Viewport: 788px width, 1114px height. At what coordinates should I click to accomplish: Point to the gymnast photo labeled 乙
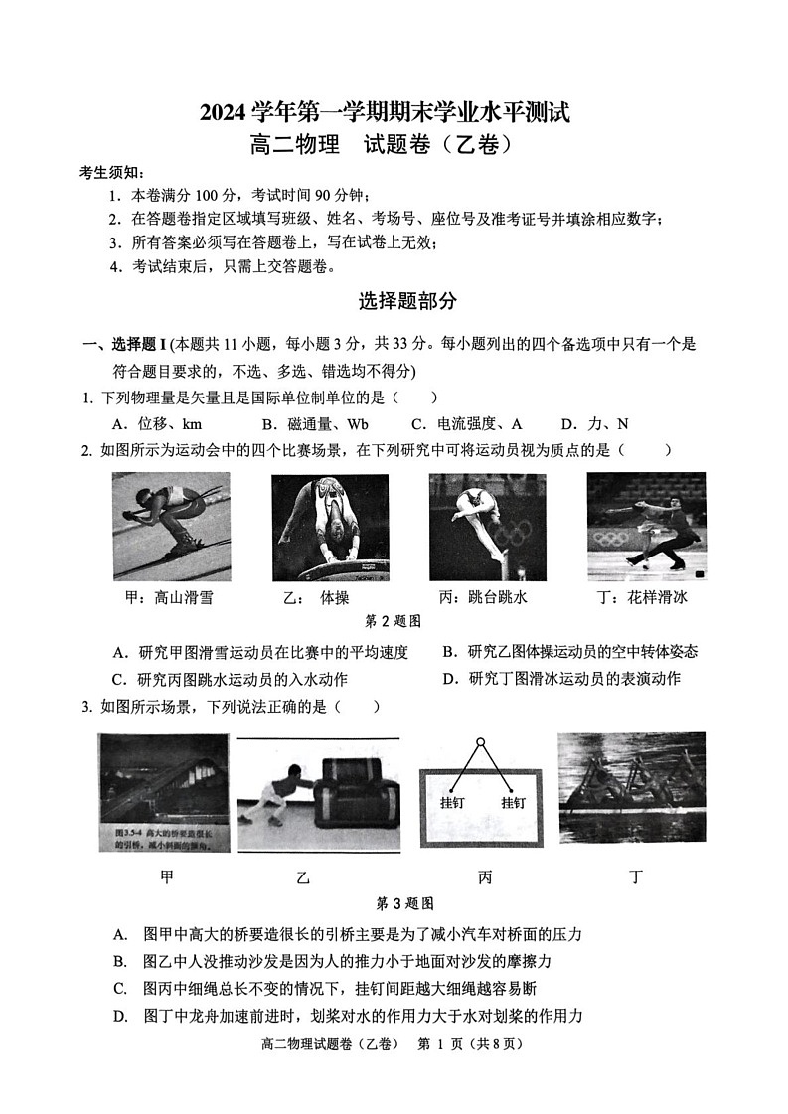tap(330, 527)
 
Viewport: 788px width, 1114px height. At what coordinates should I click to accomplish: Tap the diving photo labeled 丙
tap(487, 527)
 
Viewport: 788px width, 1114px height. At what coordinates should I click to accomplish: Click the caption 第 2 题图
tap(394, 621)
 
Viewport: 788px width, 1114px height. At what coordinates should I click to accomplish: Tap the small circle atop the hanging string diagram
tap(479, 742)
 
